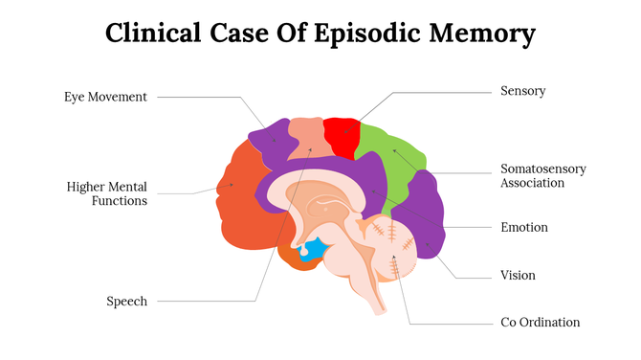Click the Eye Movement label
[105, 97]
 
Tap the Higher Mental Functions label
[107, 193]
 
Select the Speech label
[126, 302]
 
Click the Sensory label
[522, 91]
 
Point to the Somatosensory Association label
[542, 175]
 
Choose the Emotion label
[524, 228]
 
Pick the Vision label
[518, 276]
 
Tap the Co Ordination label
[540, 323]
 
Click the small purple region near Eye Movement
[270, 142]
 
